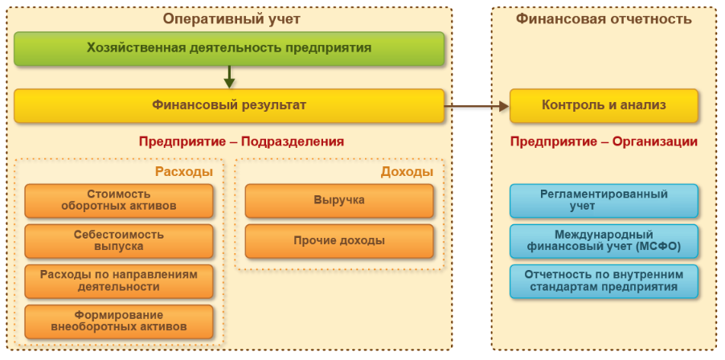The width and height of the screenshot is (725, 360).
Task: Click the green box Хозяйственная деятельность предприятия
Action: pos(229,48)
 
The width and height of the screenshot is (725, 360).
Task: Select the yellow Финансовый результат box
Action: pos(229,105)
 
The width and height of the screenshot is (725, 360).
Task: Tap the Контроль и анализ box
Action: pos(604,105)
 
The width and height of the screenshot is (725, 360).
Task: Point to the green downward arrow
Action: pos(229,77)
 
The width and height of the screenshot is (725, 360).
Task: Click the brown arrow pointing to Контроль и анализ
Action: pos(477,105)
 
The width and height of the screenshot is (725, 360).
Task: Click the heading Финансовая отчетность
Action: pos(604,18)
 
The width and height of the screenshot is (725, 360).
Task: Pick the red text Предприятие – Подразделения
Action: pos(241,141)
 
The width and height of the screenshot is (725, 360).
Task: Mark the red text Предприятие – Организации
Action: pos(604,141)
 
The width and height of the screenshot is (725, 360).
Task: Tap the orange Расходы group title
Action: pos(183,171)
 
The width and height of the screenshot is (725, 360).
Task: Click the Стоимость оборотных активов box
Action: pos(119,200)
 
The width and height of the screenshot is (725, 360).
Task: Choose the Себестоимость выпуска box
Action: pos(119,240)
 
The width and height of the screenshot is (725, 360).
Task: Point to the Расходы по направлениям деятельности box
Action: pos(119,280)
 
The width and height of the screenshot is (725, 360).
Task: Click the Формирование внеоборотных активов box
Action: pos(119,321)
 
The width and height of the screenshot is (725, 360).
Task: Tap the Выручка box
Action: pos(339,200)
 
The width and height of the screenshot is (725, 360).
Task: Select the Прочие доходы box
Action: pos(339,240)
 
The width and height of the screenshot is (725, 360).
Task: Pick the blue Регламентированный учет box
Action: pos(604,200)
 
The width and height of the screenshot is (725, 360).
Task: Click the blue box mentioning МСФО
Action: pos(604,240)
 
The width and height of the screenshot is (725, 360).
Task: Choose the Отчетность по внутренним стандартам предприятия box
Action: pos(604,280)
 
